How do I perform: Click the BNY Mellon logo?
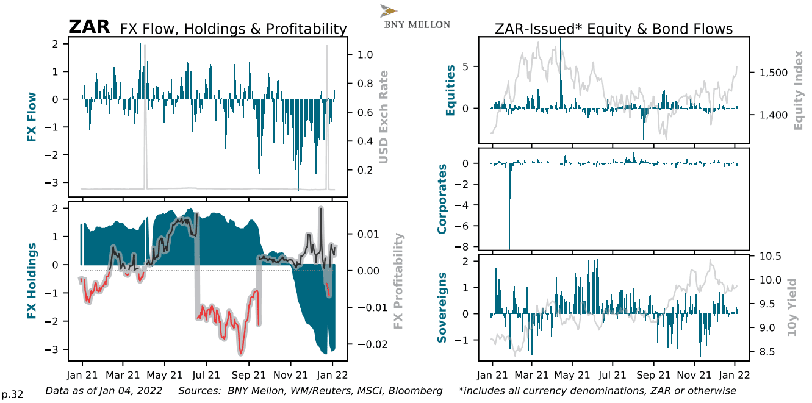(415, 17)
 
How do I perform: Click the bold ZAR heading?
(89, 27)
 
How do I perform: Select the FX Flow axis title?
(32, 117)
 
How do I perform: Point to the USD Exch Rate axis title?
(383, 117)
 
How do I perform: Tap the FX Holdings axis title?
(32, 282)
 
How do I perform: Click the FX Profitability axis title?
(398, 280)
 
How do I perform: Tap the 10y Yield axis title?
(792, 307)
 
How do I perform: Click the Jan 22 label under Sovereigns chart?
(733, 376)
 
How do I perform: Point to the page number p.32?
(13, 394)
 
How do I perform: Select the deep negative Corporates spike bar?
(509, 207)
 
